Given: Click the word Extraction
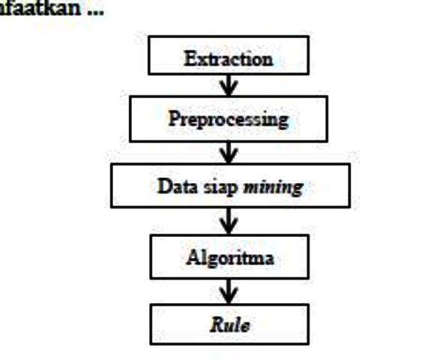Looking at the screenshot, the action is (229, 58).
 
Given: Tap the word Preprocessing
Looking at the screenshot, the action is (229, 119).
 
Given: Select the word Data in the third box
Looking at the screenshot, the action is (178, 186).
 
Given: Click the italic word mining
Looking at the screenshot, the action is (274, 188).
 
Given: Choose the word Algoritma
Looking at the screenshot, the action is (230, 258).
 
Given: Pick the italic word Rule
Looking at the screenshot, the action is (230, 325).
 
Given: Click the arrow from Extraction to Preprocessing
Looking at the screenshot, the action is (229, 85).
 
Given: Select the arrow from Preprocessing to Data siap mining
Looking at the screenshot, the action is (229, 152).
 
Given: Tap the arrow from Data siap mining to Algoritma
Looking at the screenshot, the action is (229, 220).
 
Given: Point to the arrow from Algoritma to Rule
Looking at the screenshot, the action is (229, 292).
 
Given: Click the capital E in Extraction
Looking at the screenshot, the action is (190, 58).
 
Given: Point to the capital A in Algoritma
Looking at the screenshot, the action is (193, 256).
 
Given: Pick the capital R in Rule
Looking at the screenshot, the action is (217, 325).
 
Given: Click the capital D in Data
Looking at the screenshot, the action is (165, 186).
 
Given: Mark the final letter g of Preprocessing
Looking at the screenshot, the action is (283, 122).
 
